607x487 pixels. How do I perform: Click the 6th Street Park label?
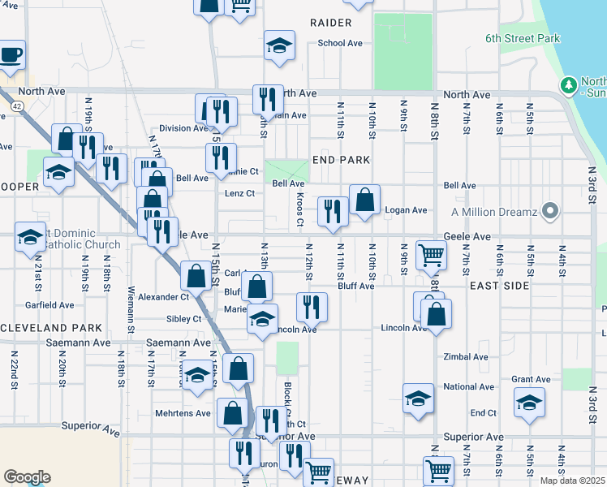tap(523, 38)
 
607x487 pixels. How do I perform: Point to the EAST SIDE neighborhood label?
tap(499, 286)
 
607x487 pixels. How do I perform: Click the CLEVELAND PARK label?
tap(51, 328)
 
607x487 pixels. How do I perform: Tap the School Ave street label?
tap(340, 44)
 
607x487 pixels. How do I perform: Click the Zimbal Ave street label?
tap(466, 356)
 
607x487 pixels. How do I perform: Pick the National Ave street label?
tap(468, 387)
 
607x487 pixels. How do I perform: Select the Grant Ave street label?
tap(532, 379)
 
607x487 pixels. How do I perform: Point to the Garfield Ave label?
tap(50, 305)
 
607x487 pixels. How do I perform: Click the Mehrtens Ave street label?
tap(183, 412)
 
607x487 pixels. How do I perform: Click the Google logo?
tap(27, 477)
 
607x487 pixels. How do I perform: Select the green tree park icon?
tap(569, 85)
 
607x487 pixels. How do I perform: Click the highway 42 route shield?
tap(17, 106)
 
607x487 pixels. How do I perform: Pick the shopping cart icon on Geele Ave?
tap(431, 255)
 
